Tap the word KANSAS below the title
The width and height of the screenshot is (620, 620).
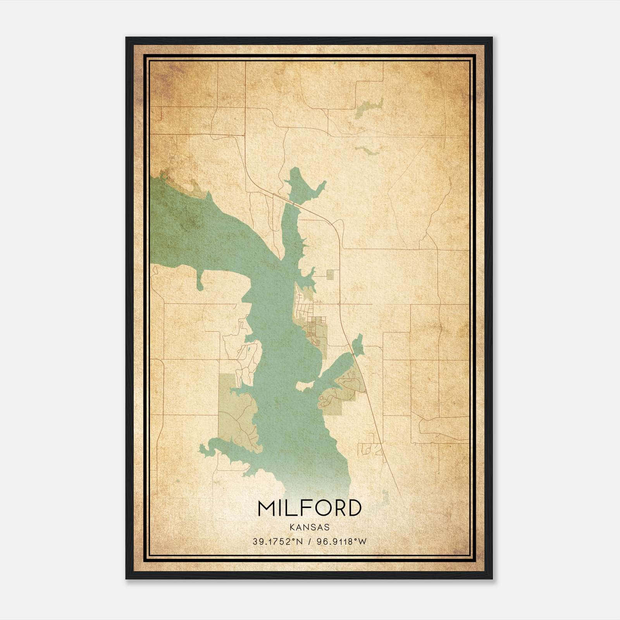coord(309,527)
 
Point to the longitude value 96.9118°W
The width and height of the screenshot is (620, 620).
coord(341,542)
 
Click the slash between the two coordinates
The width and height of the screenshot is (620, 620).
coord(309,542)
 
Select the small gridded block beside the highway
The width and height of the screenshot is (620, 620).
coord(330,274)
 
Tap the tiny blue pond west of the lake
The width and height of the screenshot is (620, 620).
coord(250,353)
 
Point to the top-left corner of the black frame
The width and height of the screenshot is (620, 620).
coord(126,38)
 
